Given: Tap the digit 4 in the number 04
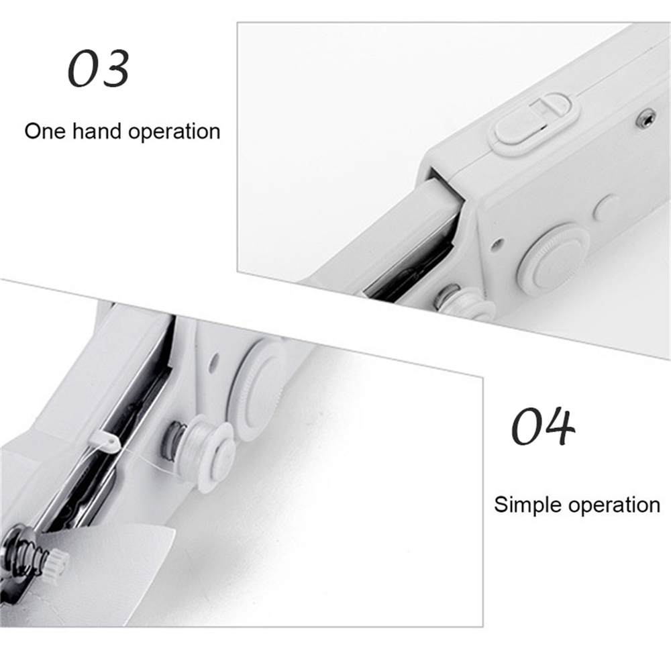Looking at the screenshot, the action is coord(558,427).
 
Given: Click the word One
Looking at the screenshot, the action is coord(45,132).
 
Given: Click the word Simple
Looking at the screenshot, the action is coord(527,505).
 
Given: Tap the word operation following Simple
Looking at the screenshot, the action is coord(614,505).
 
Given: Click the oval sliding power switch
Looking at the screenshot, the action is coord(533,121).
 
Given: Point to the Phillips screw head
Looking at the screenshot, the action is coord(646,117).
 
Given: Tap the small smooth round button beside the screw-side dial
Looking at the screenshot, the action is coord(606,207).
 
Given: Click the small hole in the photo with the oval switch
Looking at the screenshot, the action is coord(497,244).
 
